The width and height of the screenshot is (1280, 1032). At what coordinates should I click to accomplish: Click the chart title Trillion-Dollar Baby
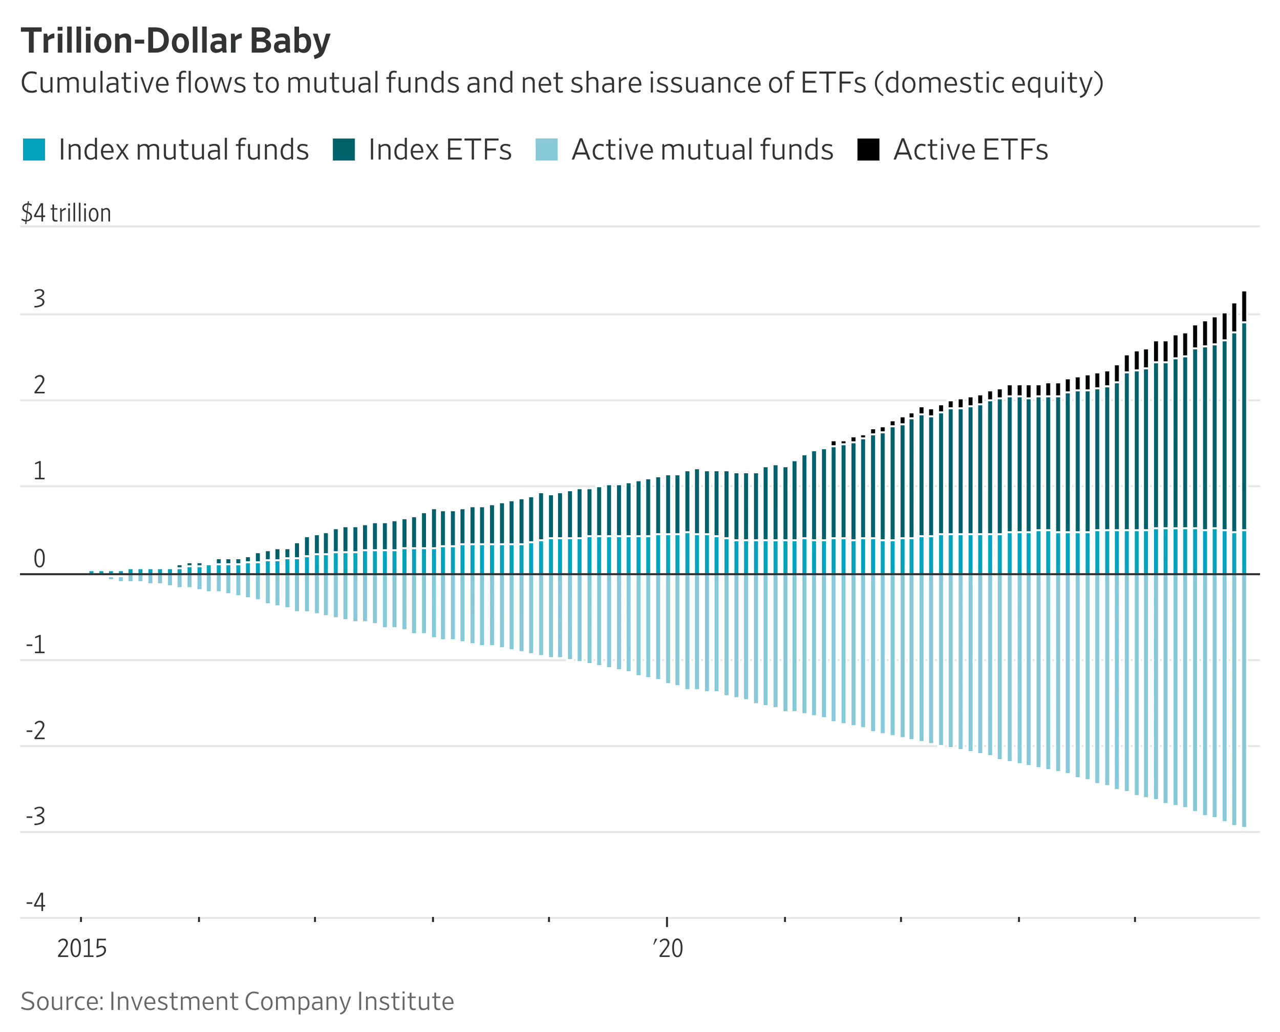click(x=176, y=41)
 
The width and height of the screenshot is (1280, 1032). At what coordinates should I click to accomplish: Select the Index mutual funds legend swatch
click(x=34, y=150)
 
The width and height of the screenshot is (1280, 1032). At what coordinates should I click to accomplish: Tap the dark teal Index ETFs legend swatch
click(x=344, y=150)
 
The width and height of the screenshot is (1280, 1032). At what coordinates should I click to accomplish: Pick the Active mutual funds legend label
click(x=702, y=150)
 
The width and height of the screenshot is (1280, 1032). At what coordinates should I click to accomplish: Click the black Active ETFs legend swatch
click(x=868, y=150)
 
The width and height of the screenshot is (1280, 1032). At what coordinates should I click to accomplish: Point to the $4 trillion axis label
click(x=66, y=213)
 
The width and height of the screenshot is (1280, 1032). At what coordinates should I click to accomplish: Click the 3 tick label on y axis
click(x=39, y=299)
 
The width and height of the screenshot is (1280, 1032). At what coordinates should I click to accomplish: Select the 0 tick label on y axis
click(x=39, y=559)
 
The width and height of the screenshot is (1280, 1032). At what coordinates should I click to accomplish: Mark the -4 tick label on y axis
click(x=36, y=903)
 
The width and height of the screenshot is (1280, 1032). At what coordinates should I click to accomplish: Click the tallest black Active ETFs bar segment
click(x=1244, y=306)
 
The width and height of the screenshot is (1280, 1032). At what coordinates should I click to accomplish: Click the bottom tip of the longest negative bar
click(x=1244, y=826)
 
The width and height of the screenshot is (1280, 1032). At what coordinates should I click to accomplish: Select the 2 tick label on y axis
click(x=39, y=386)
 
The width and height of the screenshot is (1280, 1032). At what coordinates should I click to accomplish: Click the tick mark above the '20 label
click(x=667, y=921)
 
